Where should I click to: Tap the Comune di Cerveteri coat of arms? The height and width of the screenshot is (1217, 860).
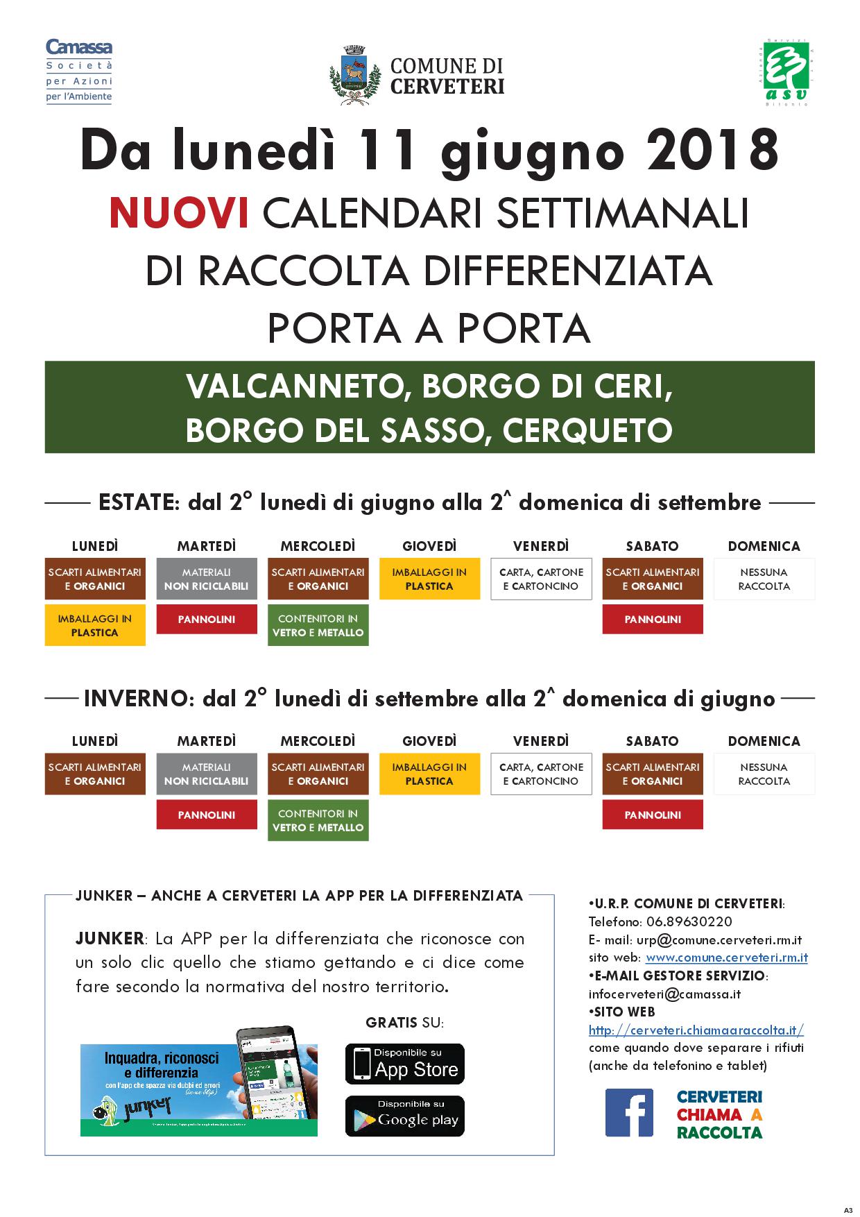(x=355, y=75)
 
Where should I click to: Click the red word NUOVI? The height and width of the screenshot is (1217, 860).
(x=179, y=213)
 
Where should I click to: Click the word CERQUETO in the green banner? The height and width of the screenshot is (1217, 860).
(x=587, y=430)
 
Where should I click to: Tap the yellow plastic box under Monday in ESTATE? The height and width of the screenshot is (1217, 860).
(x=95, y=625)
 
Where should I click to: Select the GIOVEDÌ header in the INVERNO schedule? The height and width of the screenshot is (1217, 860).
(x=429, y=741)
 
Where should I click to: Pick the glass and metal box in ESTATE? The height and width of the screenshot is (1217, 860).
(x=318, y=625)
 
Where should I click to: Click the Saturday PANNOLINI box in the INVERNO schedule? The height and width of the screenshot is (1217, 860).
(x=652, y=815)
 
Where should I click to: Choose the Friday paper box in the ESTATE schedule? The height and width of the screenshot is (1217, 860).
(x=541, y=579)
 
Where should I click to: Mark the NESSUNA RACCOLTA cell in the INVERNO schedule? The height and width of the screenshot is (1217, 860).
(x=764, y=774)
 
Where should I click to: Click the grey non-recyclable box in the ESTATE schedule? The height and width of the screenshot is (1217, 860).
(x=207, y=579)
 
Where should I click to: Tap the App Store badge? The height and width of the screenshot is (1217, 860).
(x=405, y=1064)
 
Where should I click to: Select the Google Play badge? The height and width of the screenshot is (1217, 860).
(x=405, y=1116)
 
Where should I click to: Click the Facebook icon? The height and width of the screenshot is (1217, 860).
(x=629, y=1113)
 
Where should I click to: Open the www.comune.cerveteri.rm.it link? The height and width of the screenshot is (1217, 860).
(x=726, y=958)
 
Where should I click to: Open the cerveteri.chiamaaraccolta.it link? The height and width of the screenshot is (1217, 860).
(x=696, y=1030)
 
